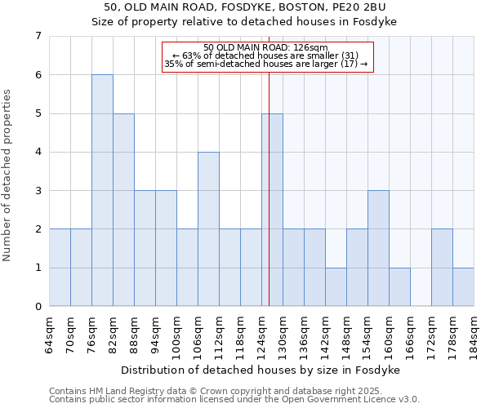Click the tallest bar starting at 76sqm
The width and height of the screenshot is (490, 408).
click(x=102, y=190)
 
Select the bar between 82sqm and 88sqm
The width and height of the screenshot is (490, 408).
click(x=123, y=210)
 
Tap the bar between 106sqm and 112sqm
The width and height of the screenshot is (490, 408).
click(x=208, y=229)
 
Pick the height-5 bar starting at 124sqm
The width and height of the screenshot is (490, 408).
click(x=272, y=210)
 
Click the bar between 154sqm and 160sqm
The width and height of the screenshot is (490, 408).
click(x=378, y=248)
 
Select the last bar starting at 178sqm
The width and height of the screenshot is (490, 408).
click(x=463, y=287)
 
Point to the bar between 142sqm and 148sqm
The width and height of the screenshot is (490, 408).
click(x=336, y=287)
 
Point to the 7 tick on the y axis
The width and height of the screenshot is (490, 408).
click(x=38, y=36)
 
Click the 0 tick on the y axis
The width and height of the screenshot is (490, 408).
click(x=38, y=307)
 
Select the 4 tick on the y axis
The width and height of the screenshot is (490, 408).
click(x=38, y=152)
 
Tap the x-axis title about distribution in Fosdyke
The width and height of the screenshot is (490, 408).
click(x=261, y=370)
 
